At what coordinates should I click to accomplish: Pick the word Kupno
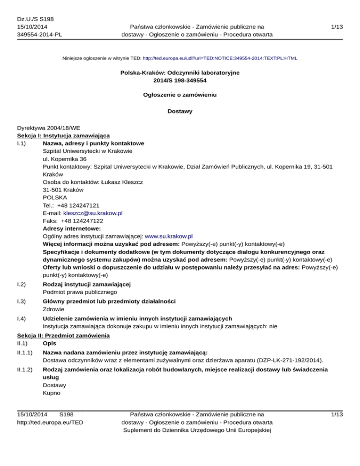tap(52, 393)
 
